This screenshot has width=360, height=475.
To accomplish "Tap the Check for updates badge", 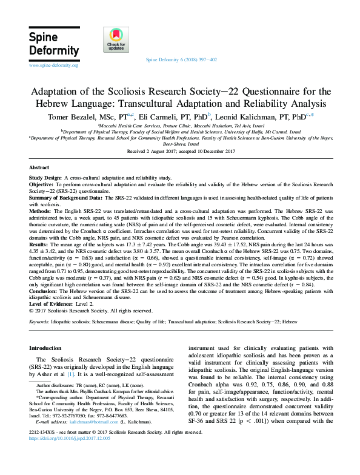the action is point(116,41).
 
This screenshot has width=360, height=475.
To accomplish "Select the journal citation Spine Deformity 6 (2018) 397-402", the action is point(182,61).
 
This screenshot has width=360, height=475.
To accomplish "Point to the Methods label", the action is point(41,211).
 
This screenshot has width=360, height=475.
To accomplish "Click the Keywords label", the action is point(39,320).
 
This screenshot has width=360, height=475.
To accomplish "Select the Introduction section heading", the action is point(45,348).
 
